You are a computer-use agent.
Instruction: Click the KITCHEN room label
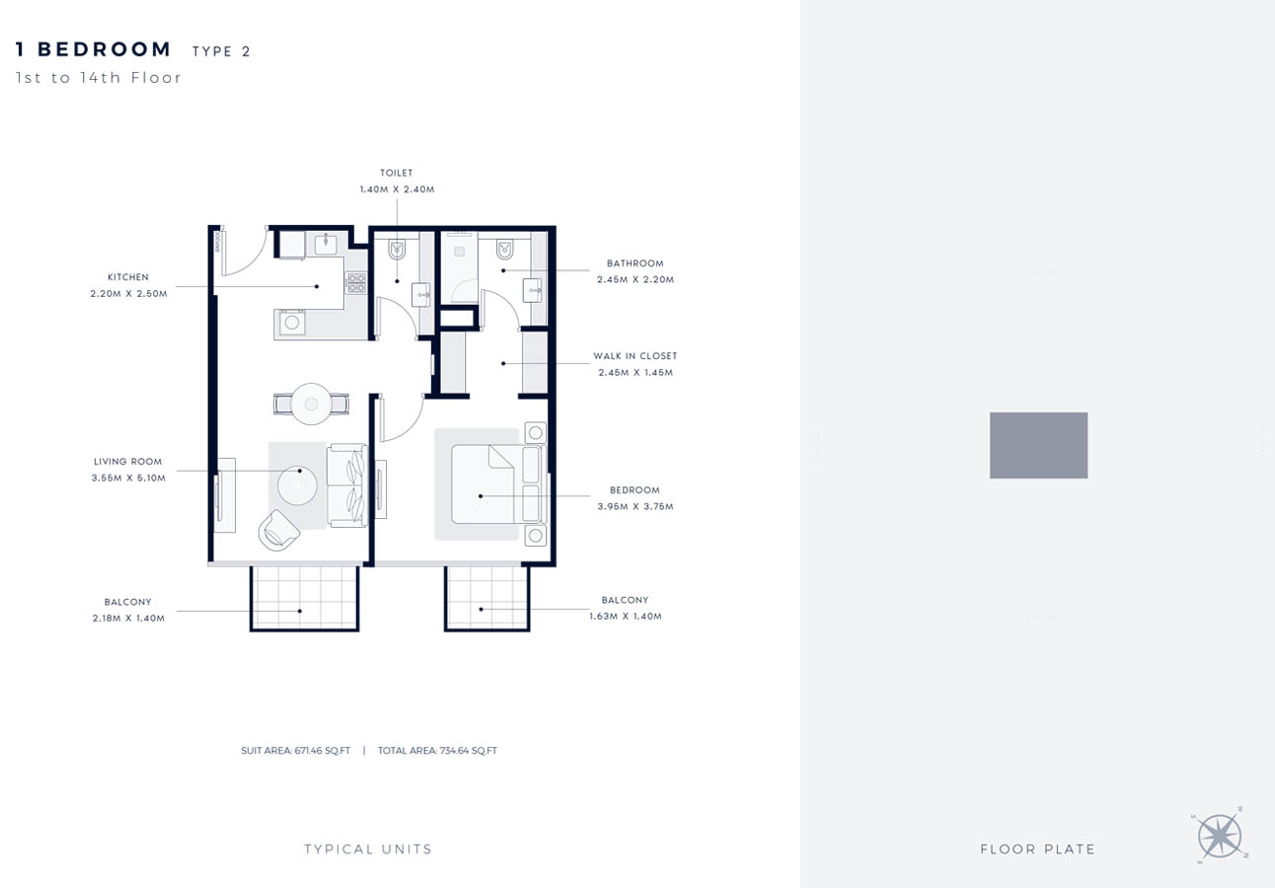pos(128,277)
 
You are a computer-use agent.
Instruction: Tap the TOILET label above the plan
pos(397,174)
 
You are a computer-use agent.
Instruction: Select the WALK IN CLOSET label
pos(636,356)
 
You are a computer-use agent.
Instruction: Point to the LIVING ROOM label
pos(128,462)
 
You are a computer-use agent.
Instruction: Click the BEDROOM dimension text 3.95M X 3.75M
pos(636,507)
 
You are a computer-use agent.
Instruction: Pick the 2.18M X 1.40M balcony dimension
pos(128,619)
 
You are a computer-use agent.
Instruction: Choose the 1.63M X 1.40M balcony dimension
pos(626,617)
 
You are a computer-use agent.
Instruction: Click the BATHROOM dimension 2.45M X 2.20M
pos(636,280)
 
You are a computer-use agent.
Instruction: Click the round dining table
pos(311,403)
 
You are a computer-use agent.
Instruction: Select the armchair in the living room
pos(278,530)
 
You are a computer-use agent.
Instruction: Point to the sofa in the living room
pos(347,484)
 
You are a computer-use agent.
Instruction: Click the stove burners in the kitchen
pos(355,282)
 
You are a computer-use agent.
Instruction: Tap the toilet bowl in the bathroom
pos(505,249)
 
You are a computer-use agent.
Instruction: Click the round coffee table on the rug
pos(296,484)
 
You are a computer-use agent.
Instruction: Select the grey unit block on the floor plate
pos(1038,445)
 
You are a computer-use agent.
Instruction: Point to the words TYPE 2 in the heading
pos(221,52)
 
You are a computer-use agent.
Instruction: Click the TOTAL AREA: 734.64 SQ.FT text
pos(437,751)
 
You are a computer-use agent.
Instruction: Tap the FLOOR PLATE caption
pos(1038,850)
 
